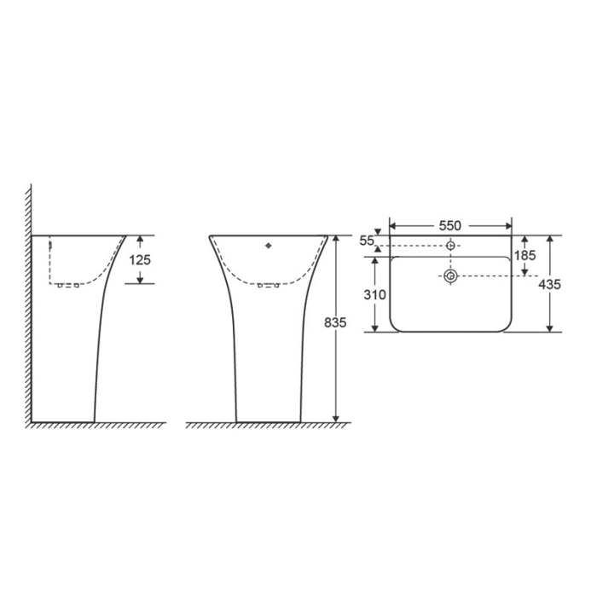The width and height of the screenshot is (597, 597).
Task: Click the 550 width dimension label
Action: point(450,225)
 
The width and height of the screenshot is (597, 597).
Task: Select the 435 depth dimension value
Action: point(551,284)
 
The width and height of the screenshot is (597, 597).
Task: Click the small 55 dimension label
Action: point(368,241)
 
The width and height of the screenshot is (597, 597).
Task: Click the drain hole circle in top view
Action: point(450,275)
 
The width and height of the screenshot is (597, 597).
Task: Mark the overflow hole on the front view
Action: point(269,246)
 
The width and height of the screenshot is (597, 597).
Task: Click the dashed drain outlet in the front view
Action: point(269,284)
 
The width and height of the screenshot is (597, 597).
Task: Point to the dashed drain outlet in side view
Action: point(67,285)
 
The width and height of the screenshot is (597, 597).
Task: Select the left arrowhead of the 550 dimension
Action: point(393,226)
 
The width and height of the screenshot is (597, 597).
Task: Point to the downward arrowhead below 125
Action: point(138,278)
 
